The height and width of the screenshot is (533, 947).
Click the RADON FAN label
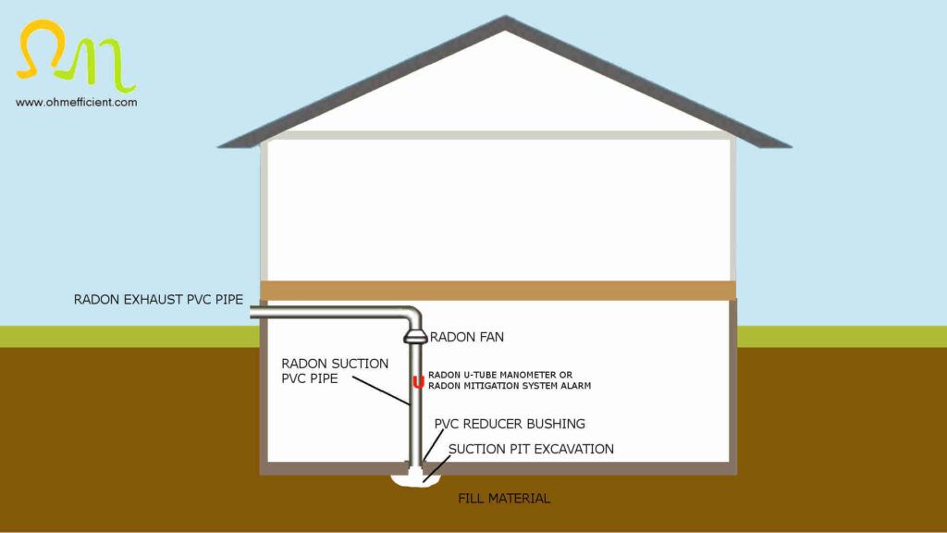(x=466, y=338)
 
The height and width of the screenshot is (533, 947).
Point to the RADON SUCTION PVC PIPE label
(x=334, y=371)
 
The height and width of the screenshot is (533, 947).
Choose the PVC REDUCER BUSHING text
(x=510, y=424)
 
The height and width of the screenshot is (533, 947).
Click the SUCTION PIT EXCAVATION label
(x=531, y=449)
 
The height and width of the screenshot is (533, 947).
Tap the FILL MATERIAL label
(x=504, y=499)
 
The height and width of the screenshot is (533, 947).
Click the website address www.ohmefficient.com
(x=76, y=102)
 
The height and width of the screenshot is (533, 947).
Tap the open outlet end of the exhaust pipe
(x=252, y=315)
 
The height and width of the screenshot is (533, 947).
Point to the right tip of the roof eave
(x=789, y=145)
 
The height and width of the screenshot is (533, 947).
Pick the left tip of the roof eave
(x=220, y=145)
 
